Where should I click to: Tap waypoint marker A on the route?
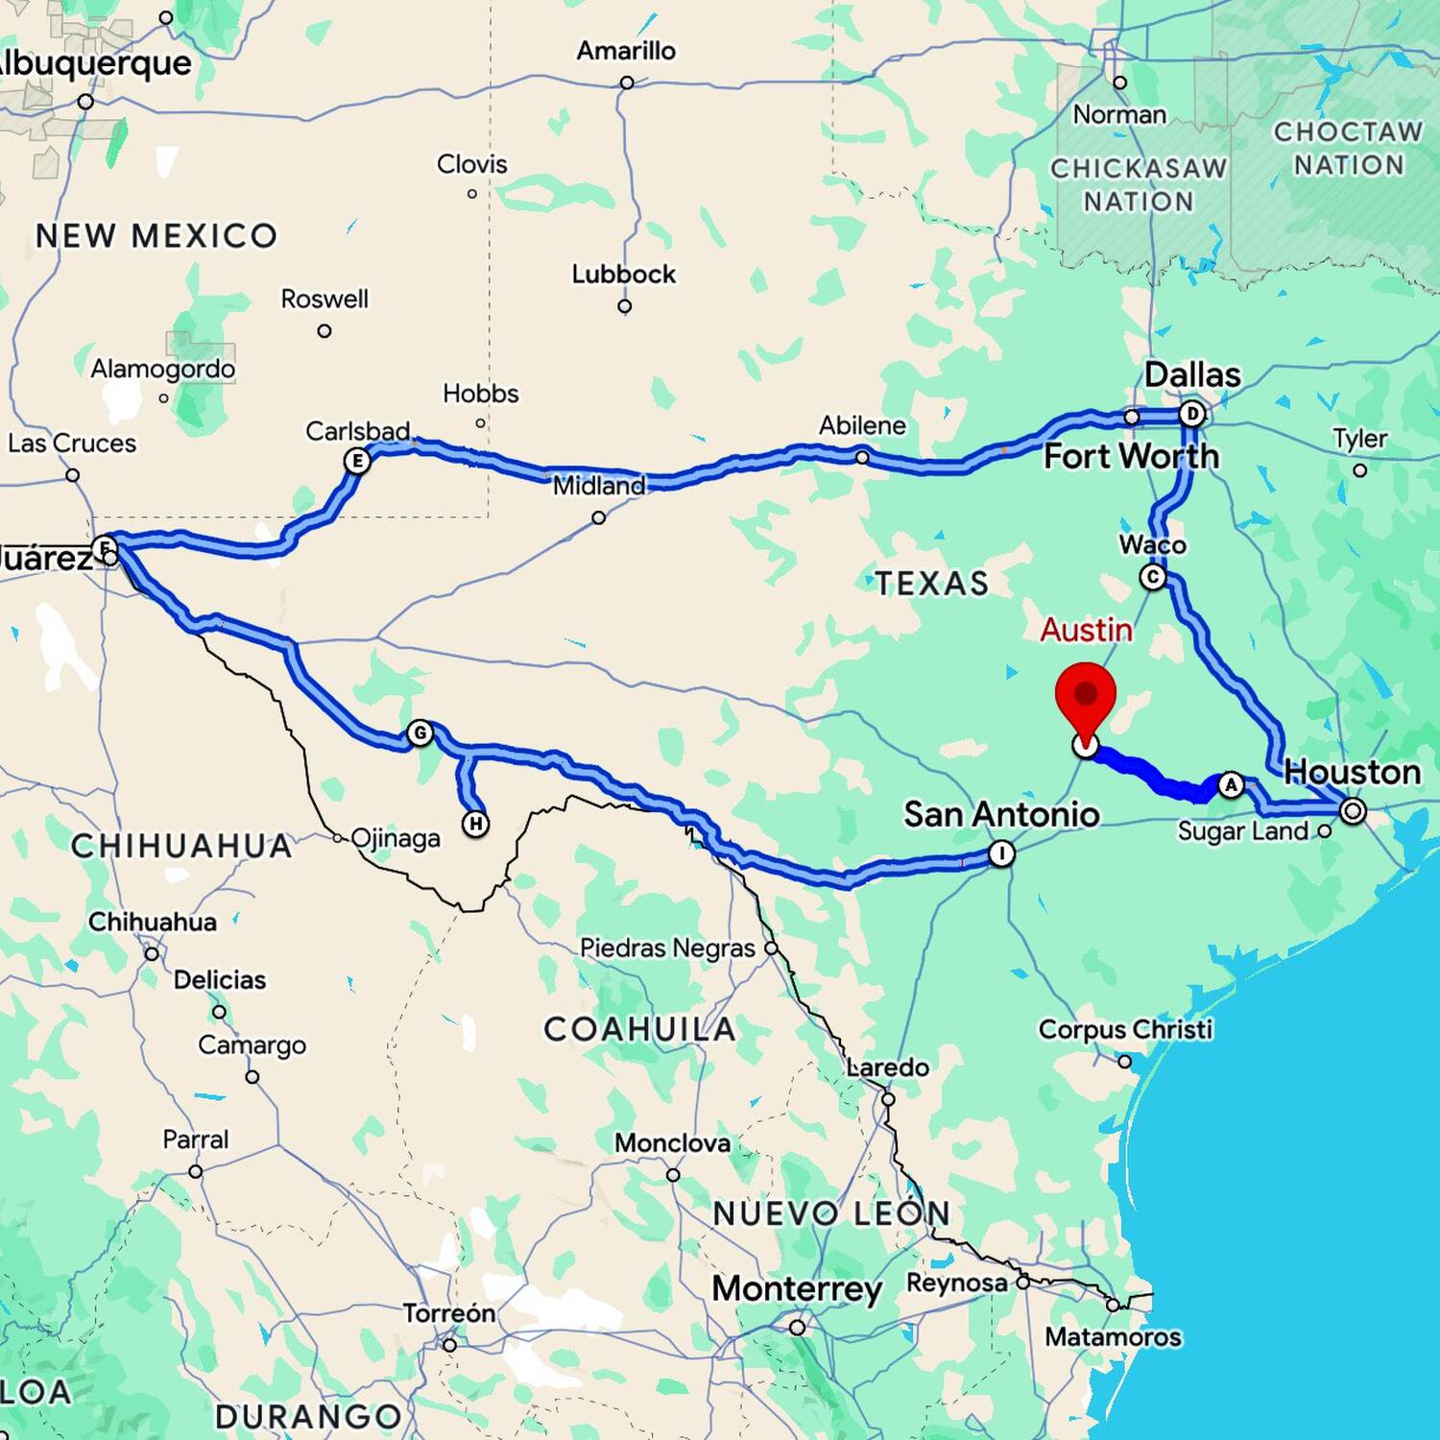click(x=1231, y=785)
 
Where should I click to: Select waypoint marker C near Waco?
click(x=1153, y=577)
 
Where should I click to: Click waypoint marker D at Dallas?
click(x=1191, y=414)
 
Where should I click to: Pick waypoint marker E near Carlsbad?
click(x=357, y=461)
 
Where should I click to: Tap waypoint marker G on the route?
click(x=420, y=733)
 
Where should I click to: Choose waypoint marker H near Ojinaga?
click(x=475, y=824)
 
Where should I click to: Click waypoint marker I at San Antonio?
click(x=1001, y=853)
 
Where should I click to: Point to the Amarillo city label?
click(x=626, y=51)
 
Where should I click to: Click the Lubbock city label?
click(x=624, y=275)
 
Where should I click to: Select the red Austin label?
click(x=1086, y=630)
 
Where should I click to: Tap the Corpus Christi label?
click(x=1125, y=1029)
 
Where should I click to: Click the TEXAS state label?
click(x=931, y=583)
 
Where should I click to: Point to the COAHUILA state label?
click(x=639, y=1029)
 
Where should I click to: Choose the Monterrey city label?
click(x=797, y=1288)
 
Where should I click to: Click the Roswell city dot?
click(x=324, y=331)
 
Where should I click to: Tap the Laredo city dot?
click(x=888, y=1099)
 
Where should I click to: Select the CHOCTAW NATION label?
click(x=1348, y=148)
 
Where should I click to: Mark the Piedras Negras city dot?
click(x=771, y=948)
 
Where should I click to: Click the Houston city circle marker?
click(x=1353, y=811)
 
